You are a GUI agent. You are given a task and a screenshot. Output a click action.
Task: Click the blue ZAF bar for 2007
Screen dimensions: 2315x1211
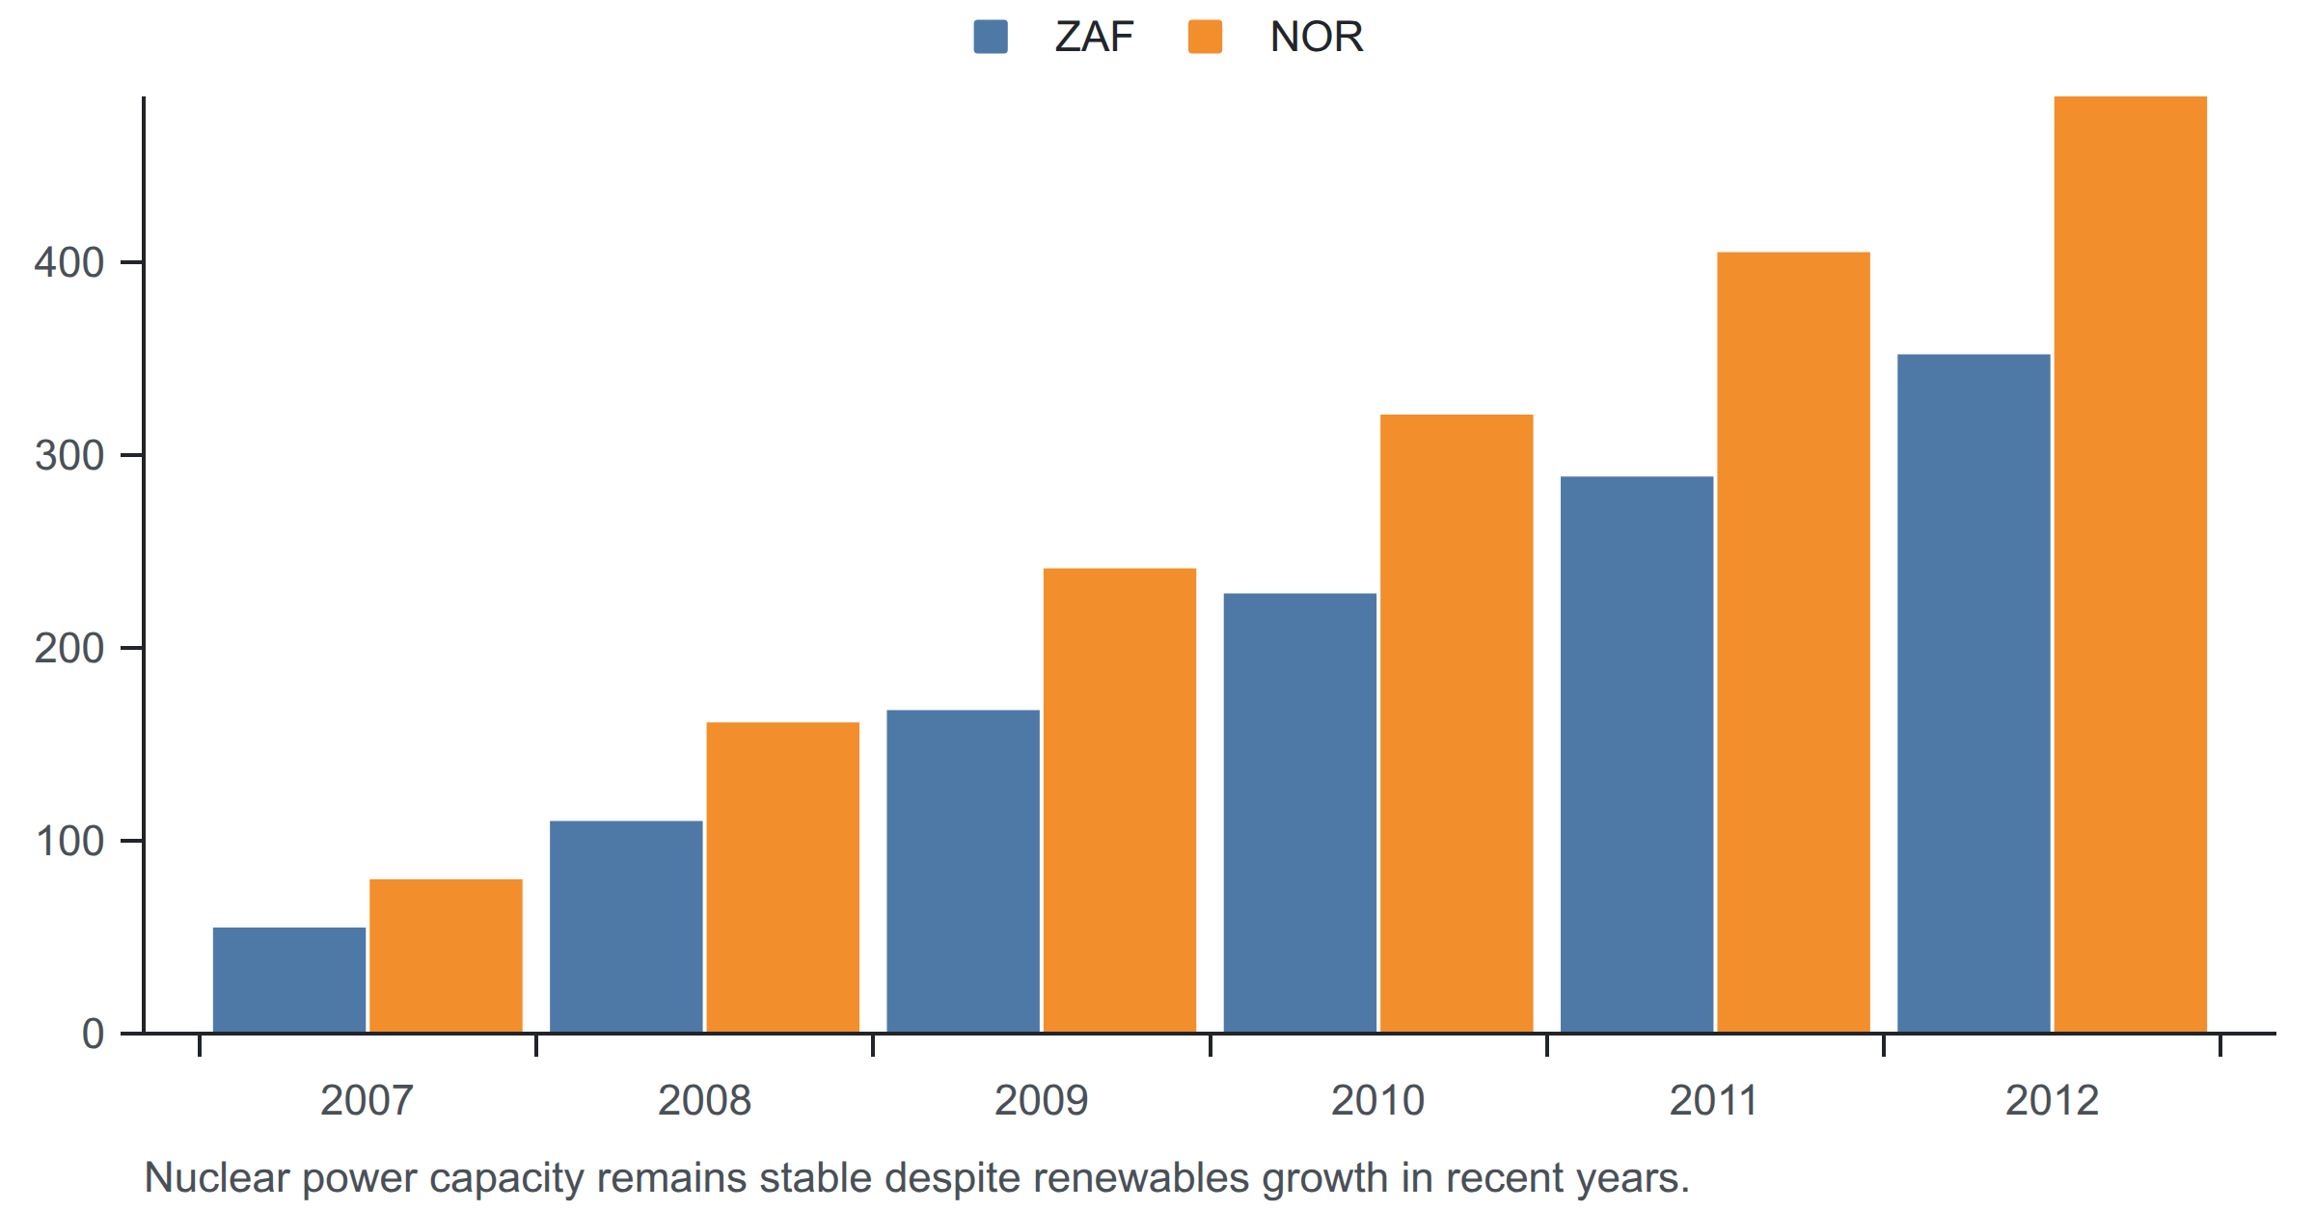[289, 980]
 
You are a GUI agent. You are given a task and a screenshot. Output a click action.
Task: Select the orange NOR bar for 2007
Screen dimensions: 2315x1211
[446, 955]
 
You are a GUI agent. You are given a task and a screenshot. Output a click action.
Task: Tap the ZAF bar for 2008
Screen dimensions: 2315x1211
[626, 927]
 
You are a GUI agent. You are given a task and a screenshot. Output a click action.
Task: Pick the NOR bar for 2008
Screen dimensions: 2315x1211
[783, 877]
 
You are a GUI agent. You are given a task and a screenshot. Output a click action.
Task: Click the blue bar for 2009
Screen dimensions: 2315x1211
[964, 872]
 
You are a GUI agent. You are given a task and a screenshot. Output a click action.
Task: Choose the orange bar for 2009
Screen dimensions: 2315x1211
[1120, 800]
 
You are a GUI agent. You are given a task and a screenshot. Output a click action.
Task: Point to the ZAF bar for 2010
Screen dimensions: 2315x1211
[1300, 813]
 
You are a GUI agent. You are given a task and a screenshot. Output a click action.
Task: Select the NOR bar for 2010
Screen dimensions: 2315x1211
[1457, 723]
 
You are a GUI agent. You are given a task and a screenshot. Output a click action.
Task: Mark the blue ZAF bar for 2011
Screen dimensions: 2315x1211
[1637, 754]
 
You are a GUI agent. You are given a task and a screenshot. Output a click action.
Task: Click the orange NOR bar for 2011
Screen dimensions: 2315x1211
[1794, 642]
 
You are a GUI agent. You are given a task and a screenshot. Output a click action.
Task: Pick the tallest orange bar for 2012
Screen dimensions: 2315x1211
[2131, 564]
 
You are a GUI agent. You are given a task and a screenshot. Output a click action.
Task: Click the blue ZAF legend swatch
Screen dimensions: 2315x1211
[991, 37]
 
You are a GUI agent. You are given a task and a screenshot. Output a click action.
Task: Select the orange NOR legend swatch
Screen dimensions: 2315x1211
[1206, 37]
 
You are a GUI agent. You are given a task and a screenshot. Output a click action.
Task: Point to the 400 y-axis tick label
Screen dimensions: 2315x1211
[69, 262]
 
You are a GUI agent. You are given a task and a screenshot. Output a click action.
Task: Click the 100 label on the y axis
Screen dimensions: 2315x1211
[69, 841]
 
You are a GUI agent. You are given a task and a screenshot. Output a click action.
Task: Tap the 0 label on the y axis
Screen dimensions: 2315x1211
[94, 1034]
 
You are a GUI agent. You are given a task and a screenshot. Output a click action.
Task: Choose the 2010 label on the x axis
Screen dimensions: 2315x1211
[1378, 1100]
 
